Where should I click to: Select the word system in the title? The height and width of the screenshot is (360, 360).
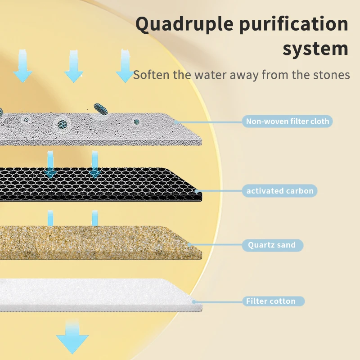(315, 49)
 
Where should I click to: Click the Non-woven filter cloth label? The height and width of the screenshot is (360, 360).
(287, 121)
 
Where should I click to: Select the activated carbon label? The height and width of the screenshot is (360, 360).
(279, 191)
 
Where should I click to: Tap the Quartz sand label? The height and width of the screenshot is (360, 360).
(272, 245)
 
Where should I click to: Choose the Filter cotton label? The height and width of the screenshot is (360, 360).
(270, 301)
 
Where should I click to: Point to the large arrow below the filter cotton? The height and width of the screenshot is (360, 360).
(72, 337)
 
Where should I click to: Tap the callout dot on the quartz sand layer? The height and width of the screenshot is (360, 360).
(189, 245)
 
